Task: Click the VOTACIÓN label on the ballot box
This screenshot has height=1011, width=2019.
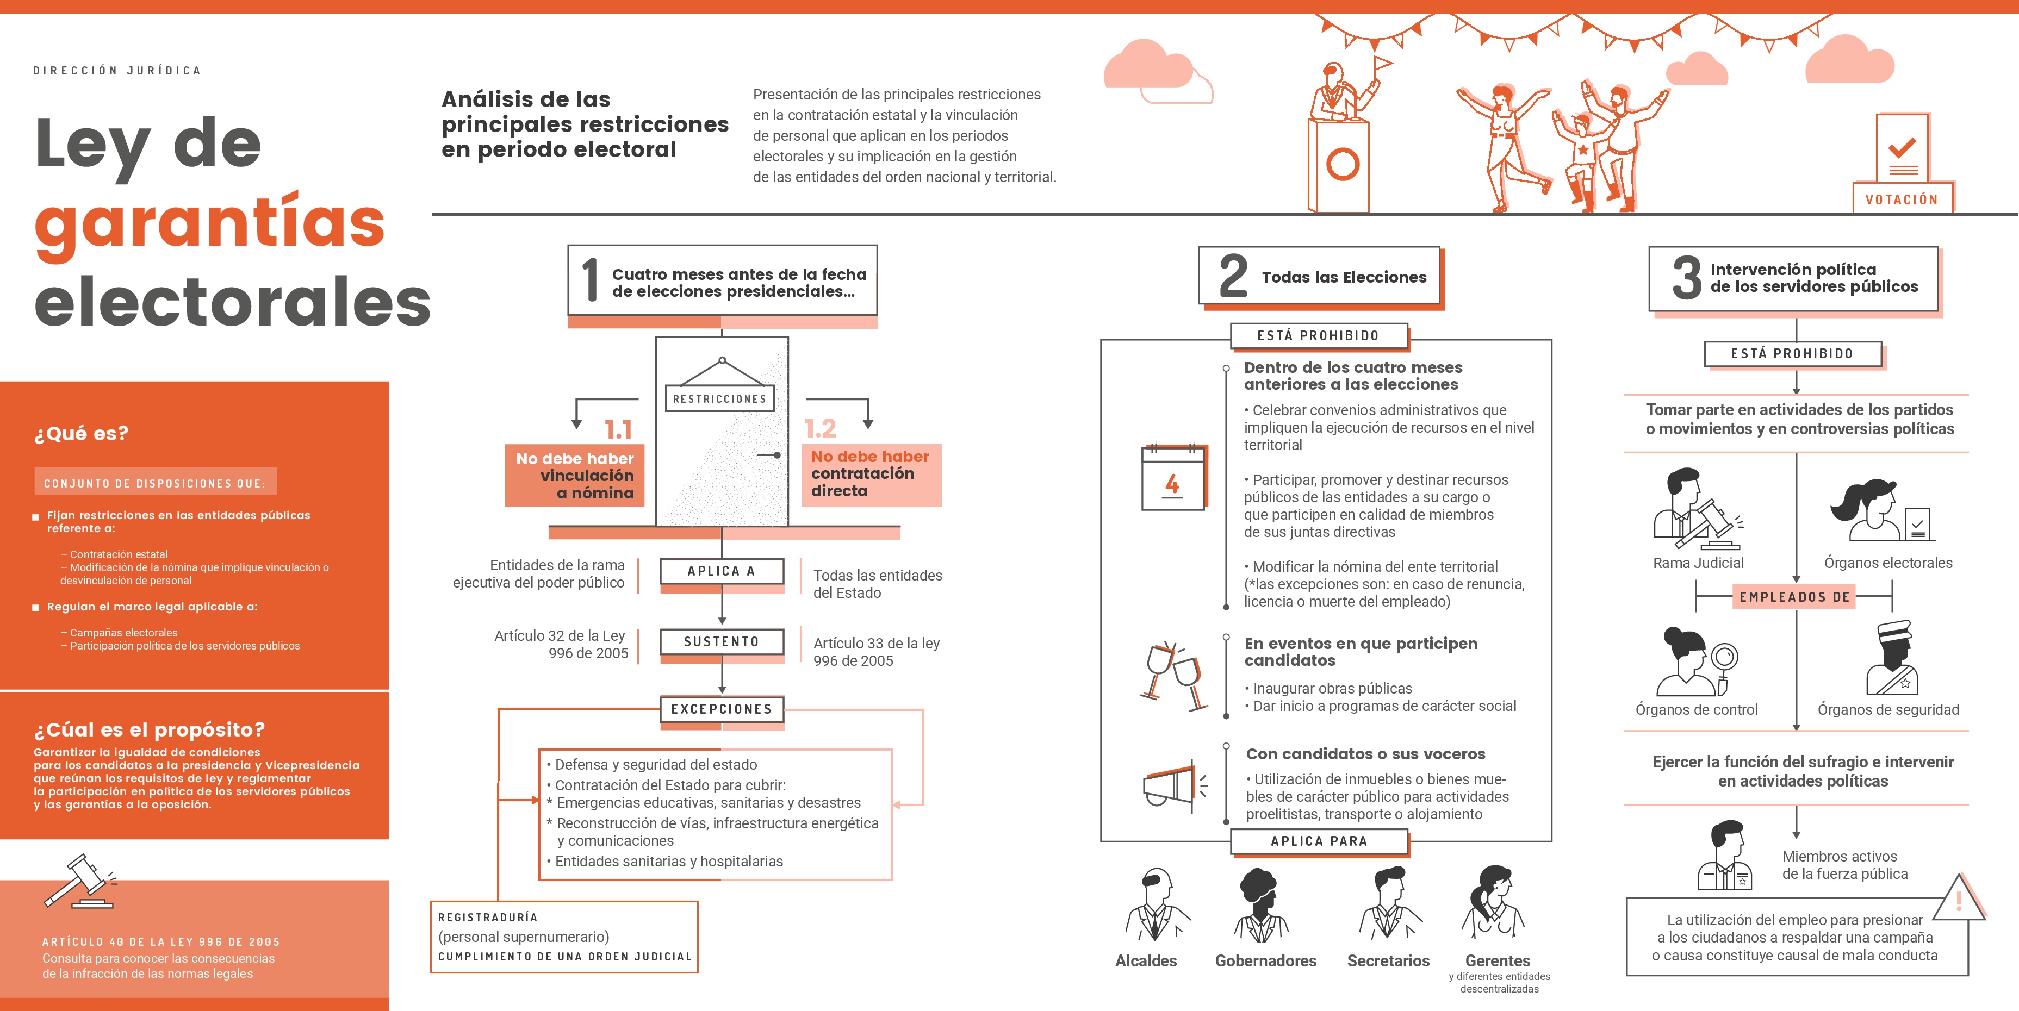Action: click(x=1902, y=199)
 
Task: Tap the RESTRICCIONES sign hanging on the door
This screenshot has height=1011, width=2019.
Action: click(x=719, y=398)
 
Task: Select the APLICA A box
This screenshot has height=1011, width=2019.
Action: click(x=721, y=571)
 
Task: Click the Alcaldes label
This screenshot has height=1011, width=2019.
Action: click(x=1146, y=961)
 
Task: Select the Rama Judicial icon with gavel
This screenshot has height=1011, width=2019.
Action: click(x=1696, y=509)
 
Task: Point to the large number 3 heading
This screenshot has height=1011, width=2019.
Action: click(x=1687, y=278)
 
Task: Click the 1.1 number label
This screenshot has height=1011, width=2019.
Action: click(x=618, y=429)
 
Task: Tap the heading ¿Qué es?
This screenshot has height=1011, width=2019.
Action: click(x=80, y=433)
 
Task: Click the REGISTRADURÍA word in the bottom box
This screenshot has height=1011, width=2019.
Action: click(x=488, y=917)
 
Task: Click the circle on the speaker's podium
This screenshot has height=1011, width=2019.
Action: click(x=1342, y=164)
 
